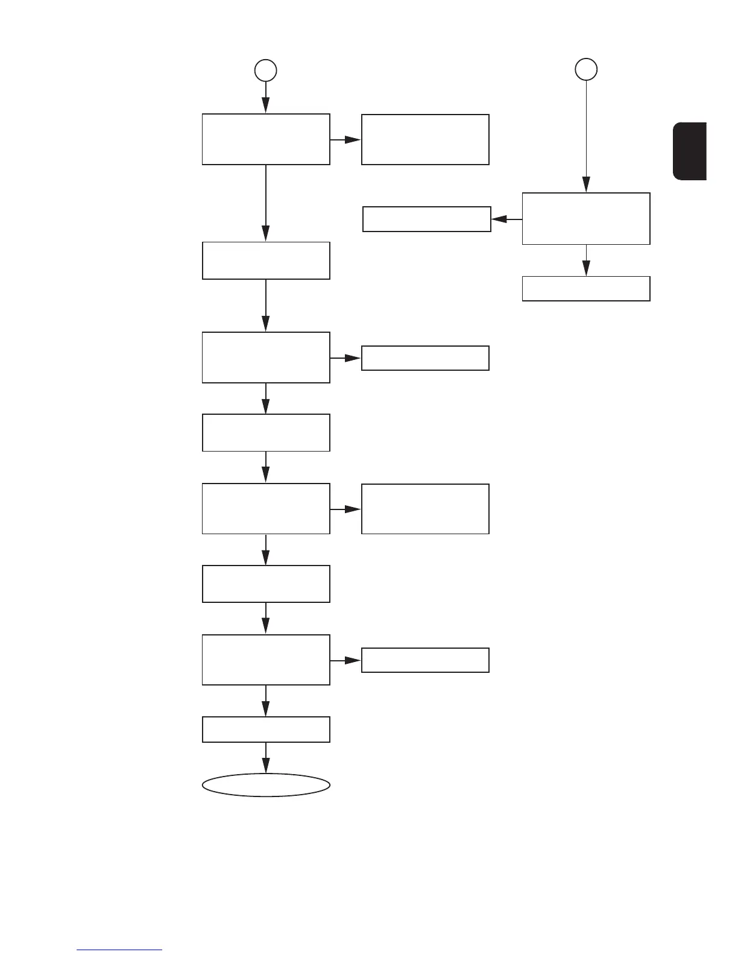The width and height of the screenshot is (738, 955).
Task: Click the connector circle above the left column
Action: click(265, 70)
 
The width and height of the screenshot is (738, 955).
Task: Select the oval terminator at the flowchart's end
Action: click(266, 785)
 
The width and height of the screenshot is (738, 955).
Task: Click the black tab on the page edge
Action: click(690, 151)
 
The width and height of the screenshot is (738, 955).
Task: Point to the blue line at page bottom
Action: click(119, 950)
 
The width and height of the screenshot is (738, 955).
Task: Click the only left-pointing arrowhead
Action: click(499, 219)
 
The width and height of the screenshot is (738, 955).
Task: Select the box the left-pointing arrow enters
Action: click(426, 219)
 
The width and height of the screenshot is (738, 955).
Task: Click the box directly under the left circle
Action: click(266, 139)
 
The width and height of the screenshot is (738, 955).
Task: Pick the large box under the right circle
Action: click(586, 218)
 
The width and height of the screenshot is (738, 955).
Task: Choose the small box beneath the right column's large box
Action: click(586, 288)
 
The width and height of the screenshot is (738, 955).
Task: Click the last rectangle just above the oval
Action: click(266, 730)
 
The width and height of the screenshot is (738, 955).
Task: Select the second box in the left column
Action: click(266, 260)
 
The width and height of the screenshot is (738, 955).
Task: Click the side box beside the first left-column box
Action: click(425, 139)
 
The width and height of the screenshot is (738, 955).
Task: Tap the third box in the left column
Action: click(266, 357)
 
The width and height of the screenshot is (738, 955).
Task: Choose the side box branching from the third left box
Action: click(425, 358)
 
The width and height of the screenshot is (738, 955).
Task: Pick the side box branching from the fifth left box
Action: click(425, 509)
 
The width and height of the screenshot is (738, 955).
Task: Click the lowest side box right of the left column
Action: click(425, 660)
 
